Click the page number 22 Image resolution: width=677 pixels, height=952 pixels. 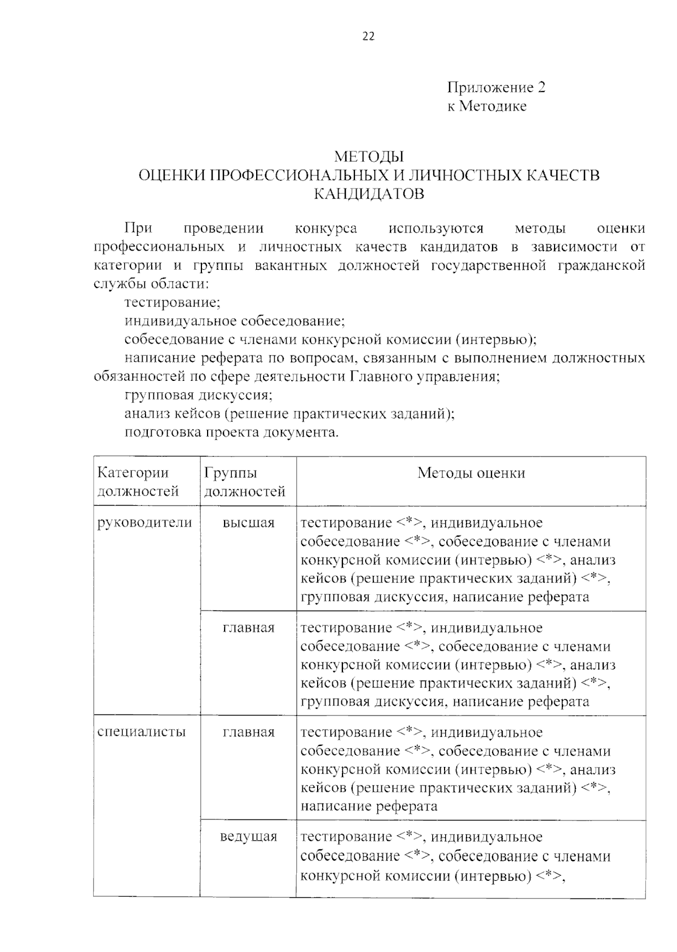[x=368, y=37]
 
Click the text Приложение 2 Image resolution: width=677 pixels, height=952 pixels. [x=496, y=87]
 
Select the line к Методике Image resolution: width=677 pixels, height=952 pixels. [x=487, y=106]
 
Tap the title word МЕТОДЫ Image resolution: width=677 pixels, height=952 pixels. [x=369, y=156]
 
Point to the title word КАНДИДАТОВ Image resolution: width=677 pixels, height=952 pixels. [x=369, y=194]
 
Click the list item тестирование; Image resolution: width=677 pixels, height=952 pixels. [x=172, y=302]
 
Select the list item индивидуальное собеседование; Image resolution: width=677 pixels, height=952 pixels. [x=234, y=321]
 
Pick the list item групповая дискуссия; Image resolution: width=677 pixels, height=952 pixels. [x=199, y=395]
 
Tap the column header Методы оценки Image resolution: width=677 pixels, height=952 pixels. [x=471, y=473]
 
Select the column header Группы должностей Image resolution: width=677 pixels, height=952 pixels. [x=244, y=482]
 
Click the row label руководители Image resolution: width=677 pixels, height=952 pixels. [x=145, y=523]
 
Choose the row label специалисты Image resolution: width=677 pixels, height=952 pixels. [x=142, y=732]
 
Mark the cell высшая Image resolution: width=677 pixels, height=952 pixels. [x=249, y=523]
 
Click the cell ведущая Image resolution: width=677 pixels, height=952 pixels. [x=249, y=836]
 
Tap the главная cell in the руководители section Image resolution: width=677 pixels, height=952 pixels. [x=249, y=628]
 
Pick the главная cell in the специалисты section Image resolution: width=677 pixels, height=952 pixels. [x=249, y=732]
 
